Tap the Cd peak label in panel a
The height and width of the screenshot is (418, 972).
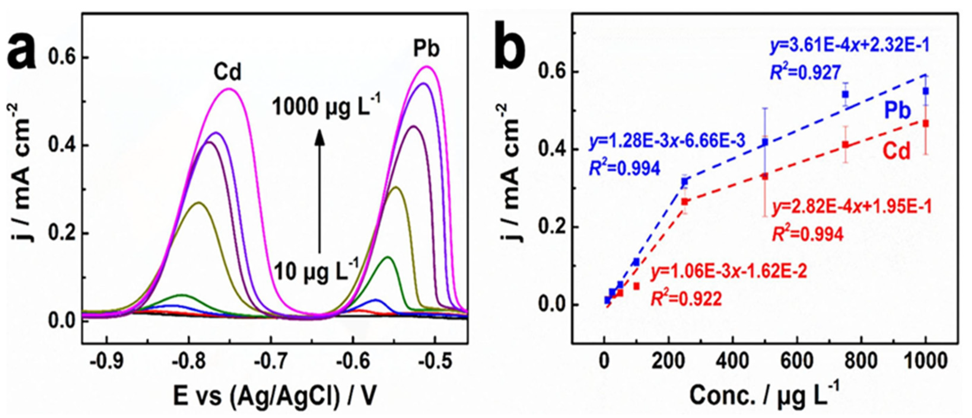pyautogui.click(x=228, y=72)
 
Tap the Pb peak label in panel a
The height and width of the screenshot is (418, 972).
pyautogui.click(x=427, y=48)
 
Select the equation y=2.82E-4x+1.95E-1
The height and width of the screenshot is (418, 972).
pyautogui.click(x=851, y=207)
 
